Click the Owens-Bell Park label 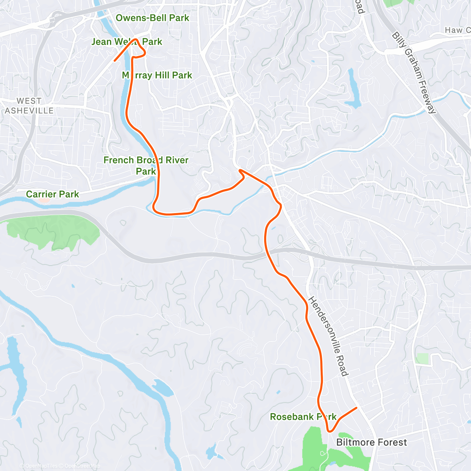(152, 18)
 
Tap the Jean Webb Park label (126, 42)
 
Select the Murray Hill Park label (157, 75)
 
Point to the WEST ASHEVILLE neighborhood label (29, 106)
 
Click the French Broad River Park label (146, 165)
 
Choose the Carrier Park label (52, 194)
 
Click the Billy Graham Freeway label (414, 73)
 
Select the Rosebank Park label (303, 417)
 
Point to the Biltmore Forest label (371, 442)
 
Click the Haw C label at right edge (457, 30)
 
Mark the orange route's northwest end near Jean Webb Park (115, 61)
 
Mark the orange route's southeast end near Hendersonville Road (356, 408)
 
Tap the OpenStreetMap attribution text (82, 466)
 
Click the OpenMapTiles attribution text (41, 466)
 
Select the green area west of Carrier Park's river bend (55, 232)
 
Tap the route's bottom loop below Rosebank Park (330, 430)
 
